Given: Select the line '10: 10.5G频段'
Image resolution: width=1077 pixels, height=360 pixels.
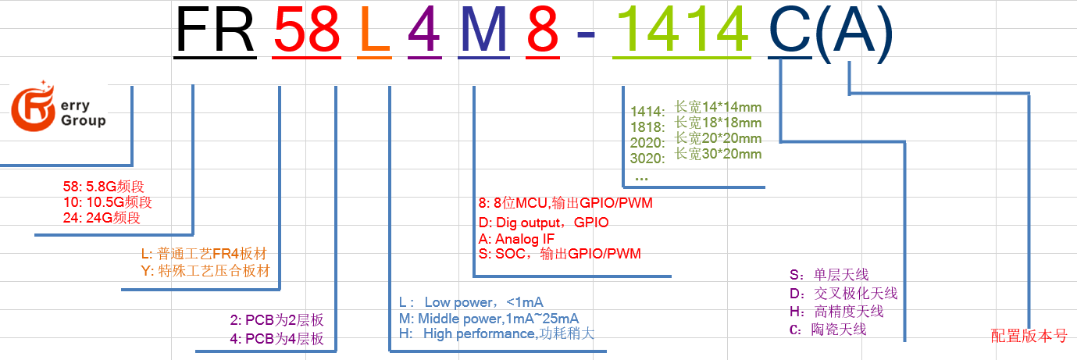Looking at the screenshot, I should [107, 202].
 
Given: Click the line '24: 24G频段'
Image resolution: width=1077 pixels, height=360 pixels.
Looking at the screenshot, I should [102, 218].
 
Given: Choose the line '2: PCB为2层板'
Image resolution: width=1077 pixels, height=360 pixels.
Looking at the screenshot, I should [276, 320].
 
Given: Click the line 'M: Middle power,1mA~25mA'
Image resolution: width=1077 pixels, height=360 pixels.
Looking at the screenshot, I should [488, 318].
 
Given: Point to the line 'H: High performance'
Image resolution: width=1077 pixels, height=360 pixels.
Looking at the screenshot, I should [496, 333].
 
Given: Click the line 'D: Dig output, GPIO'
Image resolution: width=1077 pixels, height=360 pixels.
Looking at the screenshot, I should [543, 223].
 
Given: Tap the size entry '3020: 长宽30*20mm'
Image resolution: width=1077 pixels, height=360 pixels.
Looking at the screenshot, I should [695, 155].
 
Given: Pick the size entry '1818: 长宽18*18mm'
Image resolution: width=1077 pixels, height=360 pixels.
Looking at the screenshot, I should [695, 123].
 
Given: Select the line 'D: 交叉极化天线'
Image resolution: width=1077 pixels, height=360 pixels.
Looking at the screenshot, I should [843, 294].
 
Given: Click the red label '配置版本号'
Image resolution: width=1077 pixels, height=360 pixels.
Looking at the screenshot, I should [1029, 336].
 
